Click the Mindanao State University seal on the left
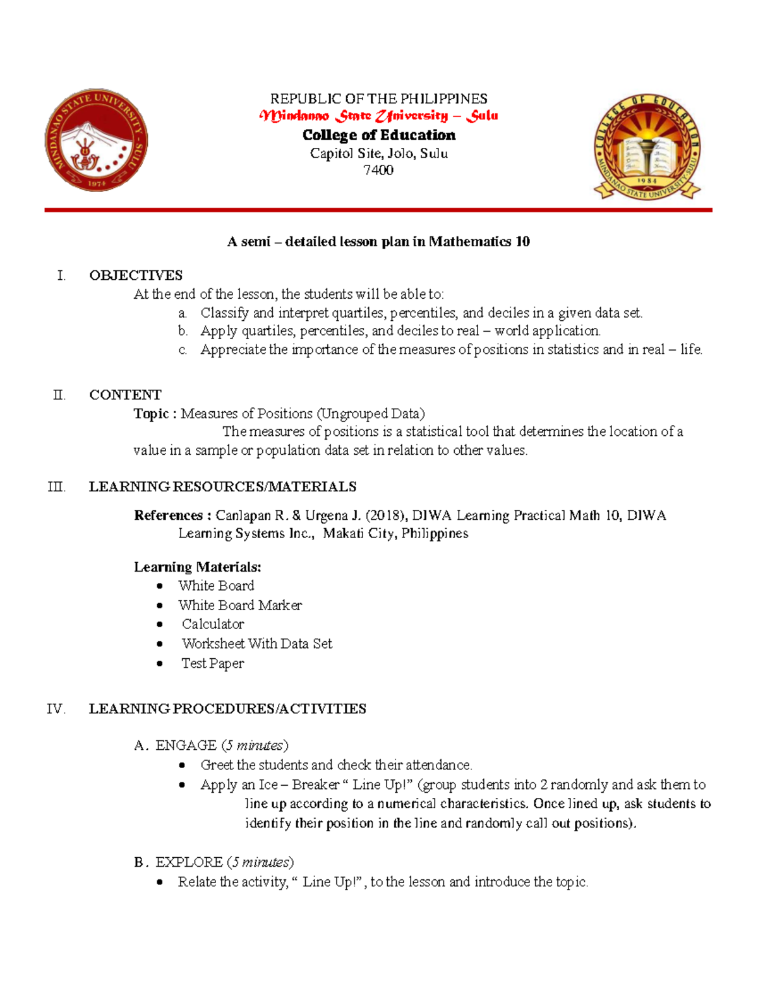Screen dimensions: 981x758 point(96,140)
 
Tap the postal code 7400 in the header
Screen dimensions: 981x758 point(378,170)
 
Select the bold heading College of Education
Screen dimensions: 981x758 point(378,135)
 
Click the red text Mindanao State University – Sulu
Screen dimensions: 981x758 point(378,116)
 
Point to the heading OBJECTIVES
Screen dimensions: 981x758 point(136,275)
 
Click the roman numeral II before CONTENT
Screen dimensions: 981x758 point(59,395)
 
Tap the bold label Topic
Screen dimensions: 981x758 point(151,414)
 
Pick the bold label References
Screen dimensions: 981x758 point(168,515)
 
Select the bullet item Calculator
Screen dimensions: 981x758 point(213,624)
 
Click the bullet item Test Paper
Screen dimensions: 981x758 point(212,663)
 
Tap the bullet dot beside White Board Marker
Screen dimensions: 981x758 point(160,605)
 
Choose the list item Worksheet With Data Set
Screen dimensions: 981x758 point(256,644)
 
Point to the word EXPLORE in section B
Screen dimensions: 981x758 point(189,862)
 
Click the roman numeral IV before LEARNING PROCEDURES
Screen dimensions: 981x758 point(56,709)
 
